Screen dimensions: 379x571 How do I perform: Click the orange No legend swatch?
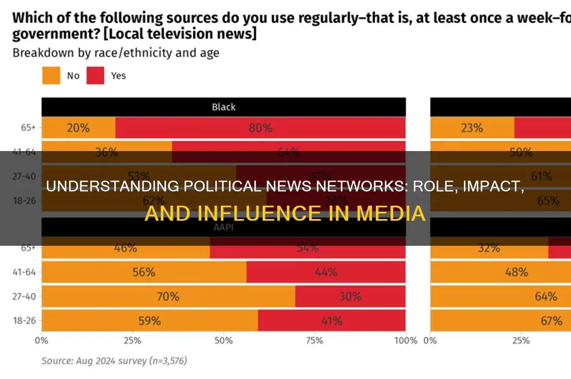(51, 75)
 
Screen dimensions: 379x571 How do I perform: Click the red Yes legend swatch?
(96, 75)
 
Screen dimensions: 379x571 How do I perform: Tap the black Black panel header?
(224, 106)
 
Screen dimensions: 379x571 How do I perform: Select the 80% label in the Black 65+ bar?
(260, 128)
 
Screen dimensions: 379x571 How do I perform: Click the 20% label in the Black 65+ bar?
(78, 128)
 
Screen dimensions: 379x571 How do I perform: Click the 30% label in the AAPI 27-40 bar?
(350, 297)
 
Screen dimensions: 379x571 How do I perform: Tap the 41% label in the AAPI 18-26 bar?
(331, 321)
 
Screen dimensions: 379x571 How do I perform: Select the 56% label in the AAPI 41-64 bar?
(143, 272)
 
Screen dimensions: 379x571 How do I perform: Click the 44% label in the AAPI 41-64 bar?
(326, 272)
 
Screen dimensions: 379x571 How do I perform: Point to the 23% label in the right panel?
(472, 128)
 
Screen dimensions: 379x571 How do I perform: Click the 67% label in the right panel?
(551, 321)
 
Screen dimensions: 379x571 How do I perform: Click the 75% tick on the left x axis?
(314, 341)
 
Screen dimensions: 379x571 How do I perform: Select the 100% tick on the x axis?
(405, 341)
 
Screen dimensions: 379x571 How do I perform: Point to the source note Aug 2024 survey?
(114, 361)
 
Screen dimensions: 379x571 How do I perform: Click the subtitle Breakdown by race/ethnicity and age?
(116, 54)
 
